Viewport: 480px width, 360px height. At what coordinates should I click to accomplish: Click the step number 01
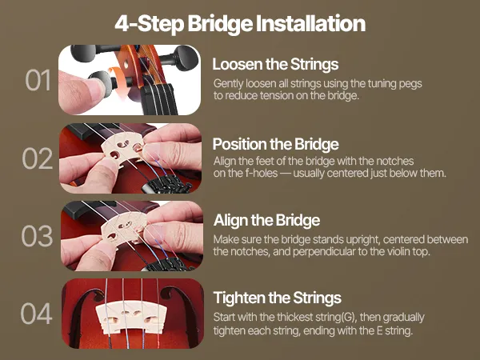click(38, 80)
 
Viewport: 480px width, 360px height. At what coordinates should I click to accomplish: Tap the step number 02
click(38, 158)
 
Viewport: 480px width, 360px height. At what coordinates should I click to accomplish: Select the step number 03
click(37, 236)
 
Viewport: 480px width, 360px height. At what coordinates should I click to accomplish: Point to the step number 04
click(37, 314)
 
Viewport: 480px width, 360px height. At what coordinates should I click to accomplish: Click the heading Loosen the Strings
click(275, 64)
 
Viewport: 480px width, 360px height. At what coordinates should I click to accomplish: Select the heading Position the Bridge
click(275, 144)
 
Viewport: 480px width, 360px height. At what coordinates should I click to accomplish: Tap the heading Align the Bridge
click(267, 221)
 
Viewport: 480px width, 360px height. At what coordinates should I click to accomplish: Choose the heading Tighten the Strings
click(278, 298)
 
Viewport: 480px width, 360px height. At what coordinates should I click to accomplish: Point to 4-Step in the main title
click(150, 24)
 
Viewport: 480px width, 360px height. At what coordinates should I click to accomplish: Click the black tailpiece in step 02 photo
click(167, 185)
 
